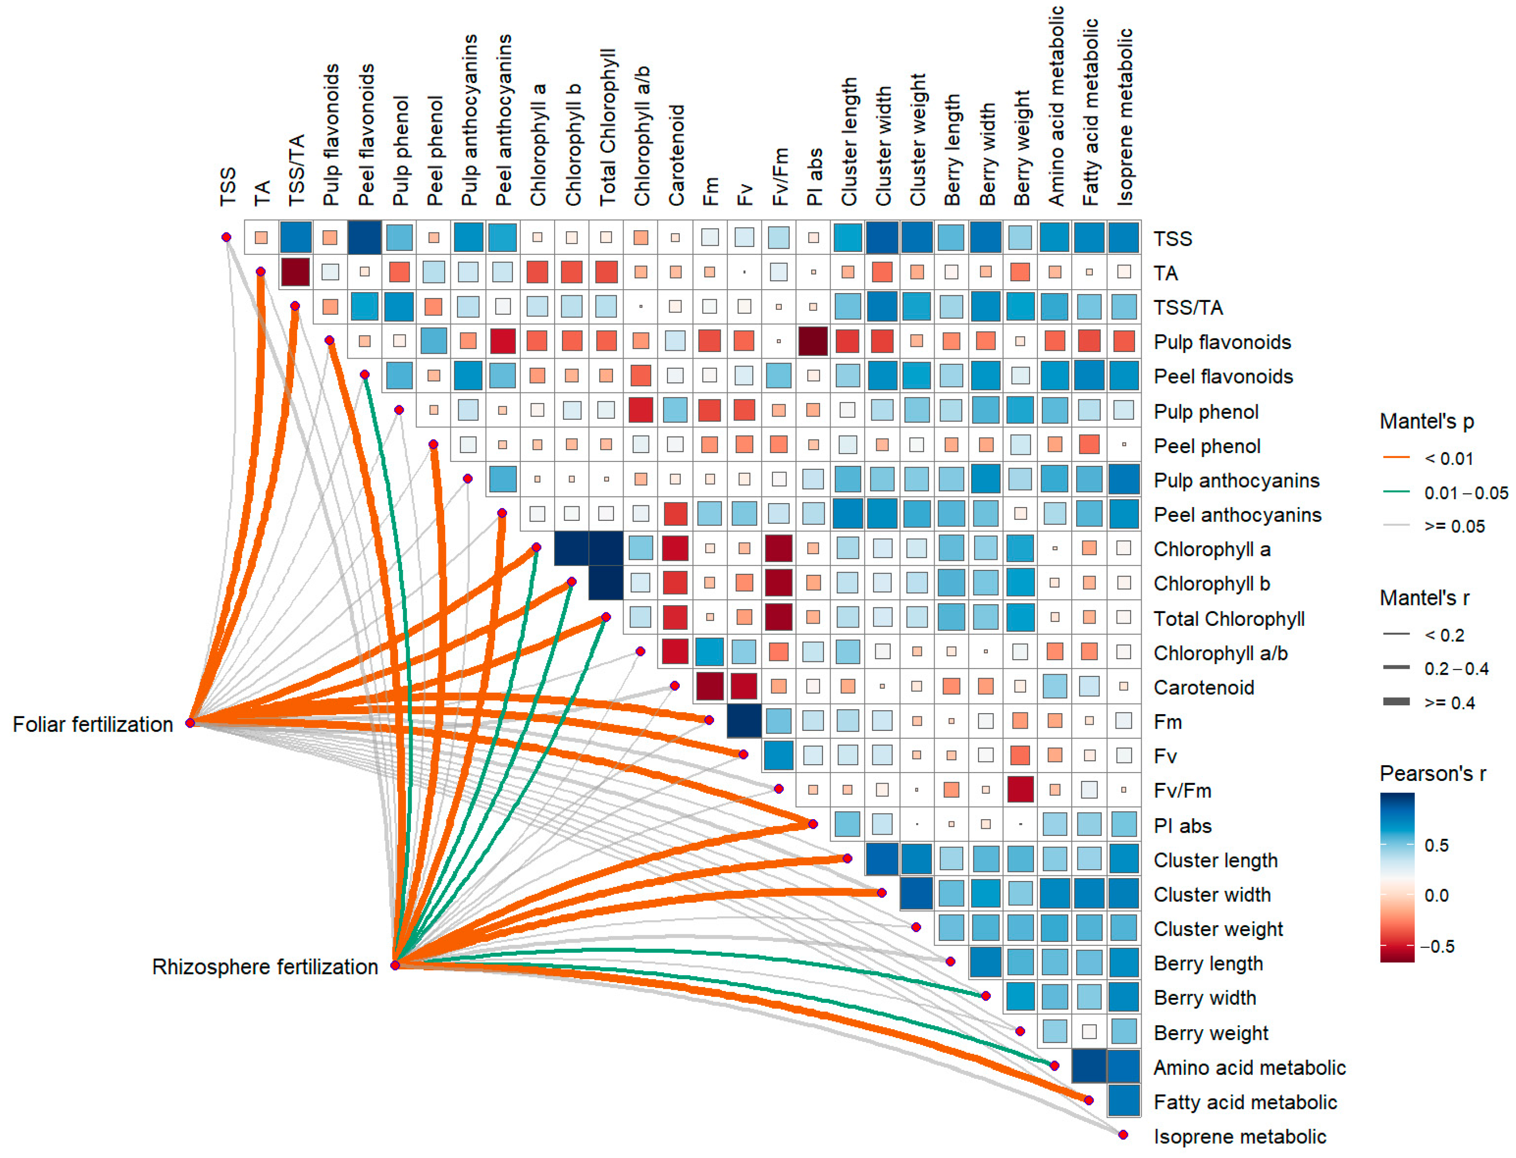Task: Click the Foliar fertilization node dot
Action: [190, 722]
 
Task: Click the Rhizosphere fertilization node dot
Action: [395, 965]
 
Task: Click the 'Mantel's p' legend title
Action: [1426, 421]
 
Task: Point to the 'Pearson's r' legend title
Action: [1433, 774]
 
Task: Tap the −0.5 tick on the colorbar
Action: [1437, 946]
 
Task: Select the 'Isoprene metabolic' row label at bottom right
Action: [1240, 1136]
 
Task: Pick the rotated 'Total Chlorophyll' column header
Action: [607, 127]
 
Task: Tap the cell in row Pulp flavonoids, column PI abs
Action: [813, 341]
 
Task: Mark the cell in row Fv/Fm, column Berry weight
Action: [1020, 790]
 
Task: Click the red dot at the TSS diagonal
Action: [226, 237]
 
